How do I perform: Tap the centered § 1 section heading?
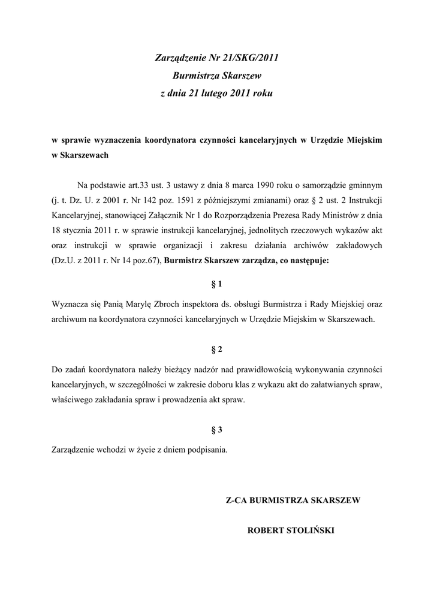coord(217,283)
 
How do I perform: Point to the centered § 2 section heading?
coord(217,349)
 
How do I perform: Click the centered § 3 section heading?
coord(217,429)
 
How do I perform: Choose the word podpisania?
coord(207,450)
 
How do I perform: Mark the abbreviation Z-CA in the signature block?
coord(237,500)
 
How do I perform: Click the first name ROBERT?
coord(266,531)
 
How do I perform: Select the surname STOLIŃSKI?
coord(312,531)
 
